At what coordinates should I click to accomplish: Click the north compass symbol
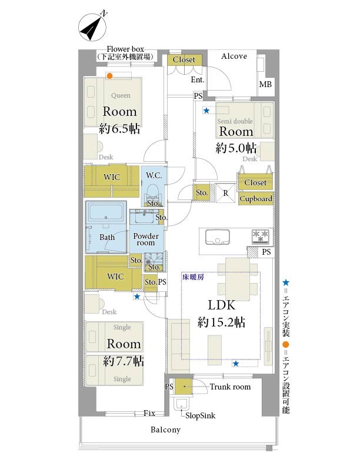pos(93,27)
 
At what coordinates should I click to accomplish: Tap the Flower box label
pos(125,49)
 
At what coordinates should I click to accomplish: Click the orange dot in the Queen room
pos(109,76)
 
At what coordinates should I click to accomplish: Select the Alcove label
pos(234,56)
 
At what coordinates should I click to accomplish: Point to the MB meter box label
pos(265,84)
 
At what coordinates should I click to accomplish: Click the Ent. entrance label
pos(198,79)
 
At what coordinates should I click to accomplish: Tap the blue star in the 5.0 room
pos(206,111)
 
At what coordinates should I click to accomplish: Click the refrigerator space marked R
pos(225,193)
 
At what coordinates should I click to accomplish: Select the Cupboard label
pos(256,198)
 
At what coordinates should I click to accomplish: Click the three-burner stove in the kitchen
pos(260,237)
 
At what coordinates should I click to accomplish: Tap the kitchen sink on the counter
pos(218,237)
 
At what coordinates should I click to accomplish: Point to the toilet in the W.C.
pos(154,193)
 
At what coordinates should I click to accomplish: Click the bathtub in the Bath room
pos(106,212)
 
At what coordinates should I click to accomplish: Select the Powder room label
pos(146,239)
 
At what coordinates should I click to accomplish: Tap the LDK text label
pos(222,305)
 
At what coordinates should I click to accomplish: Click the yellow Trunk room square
pos(184,387)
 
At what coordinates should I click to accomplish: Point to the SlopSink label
pos(200,415)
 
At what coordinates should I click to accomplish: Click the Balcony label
pos(165,430)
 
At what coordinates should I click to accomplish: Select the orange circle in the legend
pos(285,345)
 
